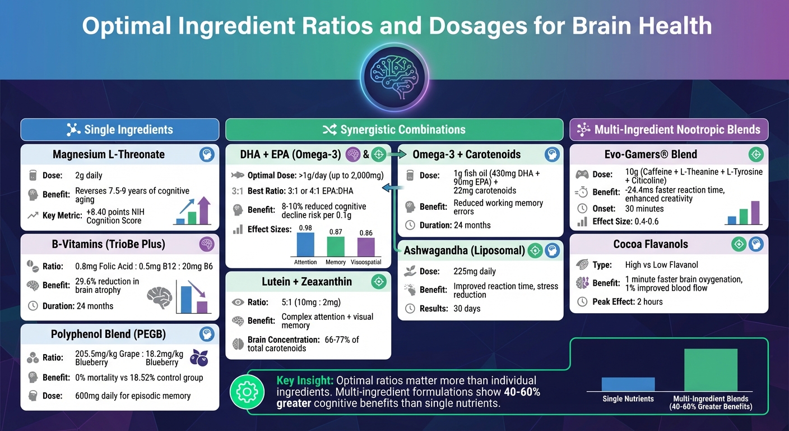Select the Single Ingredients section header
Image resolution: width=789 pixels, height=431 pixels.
click(119, 130)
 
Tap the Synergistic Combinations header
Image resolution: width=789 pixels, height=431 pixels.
click(394, 130)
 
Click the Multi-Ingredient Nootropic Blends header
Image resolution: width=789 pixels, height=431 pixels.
click(669, 130)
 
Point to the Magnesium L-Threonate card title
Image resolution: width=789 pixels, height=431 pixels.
click(109, 154)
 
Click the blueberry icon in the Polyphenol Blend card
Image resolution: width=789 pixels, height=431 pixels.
click(199, 357)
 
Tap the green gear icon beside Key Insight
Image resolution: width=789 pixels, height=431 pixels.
click(247, 392)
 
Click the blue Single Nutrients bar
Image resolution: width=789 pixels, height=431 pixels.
click(628, 384)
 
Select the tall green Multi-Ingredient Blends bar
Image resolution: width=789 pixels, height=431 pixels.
click(711, 370)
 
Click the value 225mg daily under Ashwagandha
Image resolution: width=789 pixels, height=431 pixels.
click(475, 271)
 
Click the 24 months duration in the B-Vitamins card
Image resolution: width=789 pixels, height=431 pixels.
click(94, 306)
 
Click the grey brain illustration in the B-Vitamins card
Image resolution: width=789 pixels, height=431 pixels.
click(159, 297)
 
